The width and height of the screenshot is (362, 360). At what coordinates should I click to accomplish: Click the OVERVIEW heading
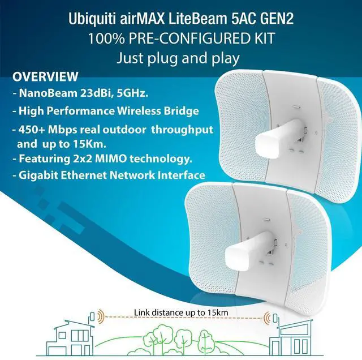click(45, 77)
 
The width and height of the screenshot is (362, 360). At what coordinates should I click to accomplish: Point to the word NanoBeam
click(48, 93)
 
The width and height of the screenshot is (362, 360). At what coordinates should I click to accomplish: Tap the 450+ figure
click(32, 130)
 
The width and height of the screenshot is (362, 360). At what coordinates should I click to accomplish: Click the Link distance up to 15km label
click(181, 313)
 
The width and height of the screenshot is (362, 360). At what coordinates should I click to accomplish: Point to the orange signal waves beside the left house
click(101, 316)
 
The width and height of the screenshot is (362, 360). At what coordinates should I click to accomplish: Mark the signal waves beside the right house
click(268, 318)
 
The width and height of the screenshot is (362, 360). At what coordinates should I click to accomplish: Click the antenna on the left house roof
click(92, 317)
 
